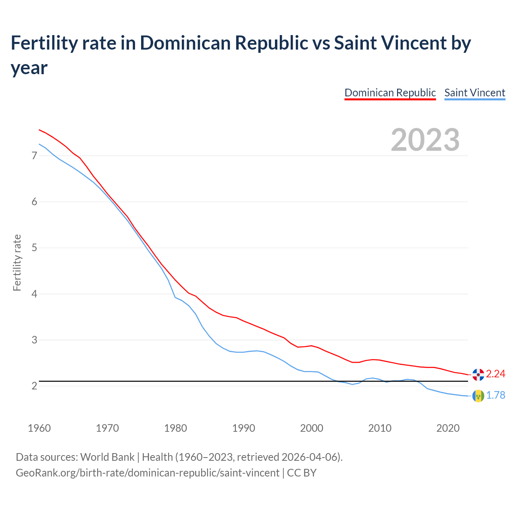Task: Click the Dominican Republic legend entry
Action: (390, 93)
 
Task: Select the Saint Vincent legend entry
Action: (474, 93)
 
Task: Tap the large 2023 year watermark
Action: (425, 140)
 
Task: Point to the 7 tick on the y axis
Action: (34, 156)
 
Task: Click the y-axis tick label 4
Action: (34, 294)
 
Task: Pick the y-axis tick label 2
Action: (34, 386)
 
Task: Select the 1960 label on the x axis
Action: (39, 428)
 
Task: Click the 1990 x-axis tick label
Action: (243, 428)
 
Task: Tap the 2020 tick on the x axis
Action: (448, 428)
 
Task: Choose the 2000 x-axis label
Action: (312, 428)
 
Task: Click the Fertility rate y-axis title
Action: (17, 262)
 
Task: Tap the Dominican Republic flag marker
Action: (478, 375)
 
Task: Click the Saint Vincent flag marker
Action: (478, 396)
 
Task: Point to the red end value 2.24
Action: (495, 374)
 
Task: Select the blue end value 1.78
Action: (495, 395)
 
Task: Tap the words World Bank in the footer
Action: (107, 457)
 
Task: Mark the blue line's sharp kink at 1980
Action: (175, 297)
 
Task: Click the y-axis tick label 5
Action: (34, 248)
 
